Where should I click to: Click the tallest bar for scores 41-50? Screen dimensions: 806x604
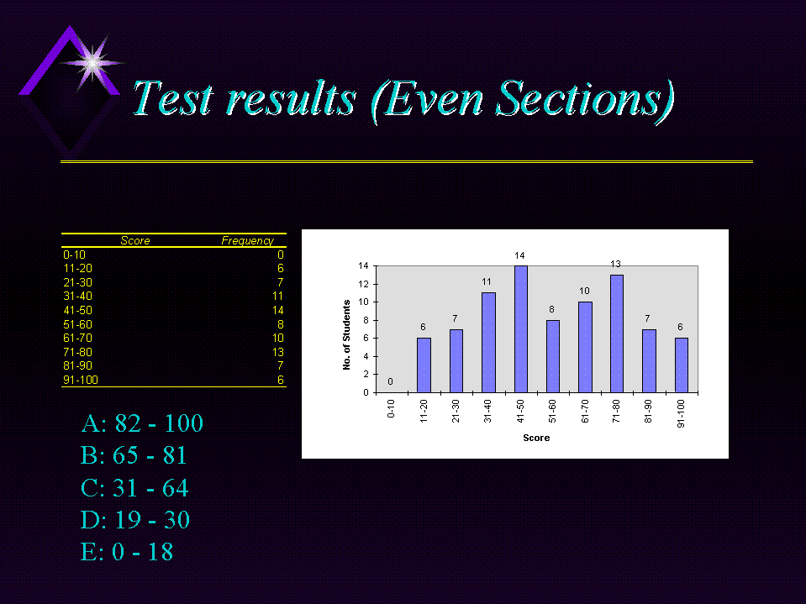(521, 329)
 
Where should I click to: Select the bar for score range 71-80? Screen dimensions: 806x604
(617, 334)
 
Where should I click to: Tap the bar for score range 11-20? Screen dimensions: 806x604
(424, 365)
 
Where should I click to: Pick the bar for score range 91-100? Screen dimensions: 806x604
(682, 365)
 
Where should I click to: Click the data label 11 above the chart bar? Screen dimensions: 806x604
(487, 282)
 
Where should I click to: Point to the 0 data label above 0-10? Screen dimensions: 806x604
(391, 381)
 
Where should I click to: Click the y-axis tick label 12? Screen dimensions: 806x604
(363, 284)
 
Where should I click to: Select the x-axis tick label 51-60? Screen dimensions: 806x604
(552, 412)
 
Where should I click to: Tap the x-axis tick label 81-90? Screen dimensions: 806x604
(648, 412)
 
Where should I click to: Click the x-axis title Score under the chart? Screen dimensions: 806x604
(536, 439)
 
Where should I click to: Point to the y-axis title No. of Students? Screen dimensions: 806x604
(347, 335)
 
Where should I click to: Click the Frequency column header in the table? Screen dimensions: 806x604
(248, 241)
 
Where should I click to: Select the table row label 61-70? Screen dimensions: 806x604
(77, 338)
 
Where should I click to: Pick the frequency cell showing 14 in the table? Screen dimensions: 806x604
(277, 310)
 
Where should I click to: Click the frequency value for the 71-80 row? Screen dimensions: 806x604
(277, 352)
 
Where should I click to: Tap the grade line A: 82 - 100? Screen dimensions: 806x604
(142, 423)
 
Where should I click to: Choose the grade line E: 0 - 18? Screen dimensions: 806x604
(126, 552)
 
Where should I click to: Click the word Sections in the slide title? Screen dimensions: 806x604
(584, 98)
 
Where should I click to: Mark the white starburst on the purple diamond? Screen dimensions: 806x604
(92, 63)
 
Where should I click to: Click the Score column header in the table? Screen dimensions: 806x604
(135, 241)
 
